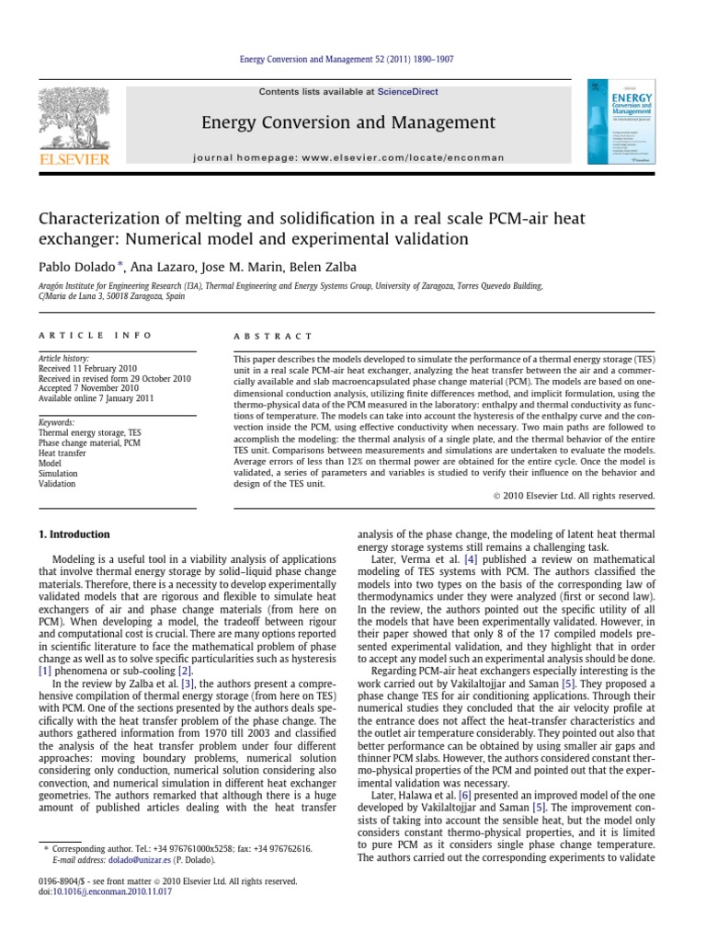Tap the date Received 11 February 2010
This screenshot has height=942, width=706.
coord(85,369)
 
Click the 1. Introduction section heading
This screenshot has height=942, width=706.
coord(74,534)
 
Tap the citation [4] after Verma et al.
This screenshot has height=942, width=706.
coord(472,558)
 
